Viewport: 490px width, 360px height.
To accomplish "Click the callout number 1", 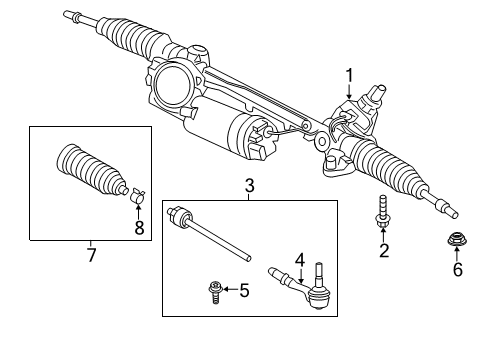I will click(x=350, y=74).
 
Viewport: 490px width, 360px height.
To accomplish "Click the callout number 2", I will click(x=383, y=251).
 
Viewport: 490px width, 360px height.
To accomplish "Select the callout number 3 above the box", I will click(x=250, y=185).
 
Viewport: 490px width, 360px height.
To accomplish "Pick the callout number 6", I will click(x=459, y=271).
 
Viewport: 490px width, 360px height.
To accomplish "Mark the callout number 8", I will click(x=139, y=228).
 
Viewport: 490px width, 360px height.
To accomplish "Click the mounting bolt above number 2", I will click(x=382, y=216).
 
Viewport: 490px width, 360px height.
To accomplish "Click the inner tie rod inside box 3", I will click(x=210, y=232).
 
